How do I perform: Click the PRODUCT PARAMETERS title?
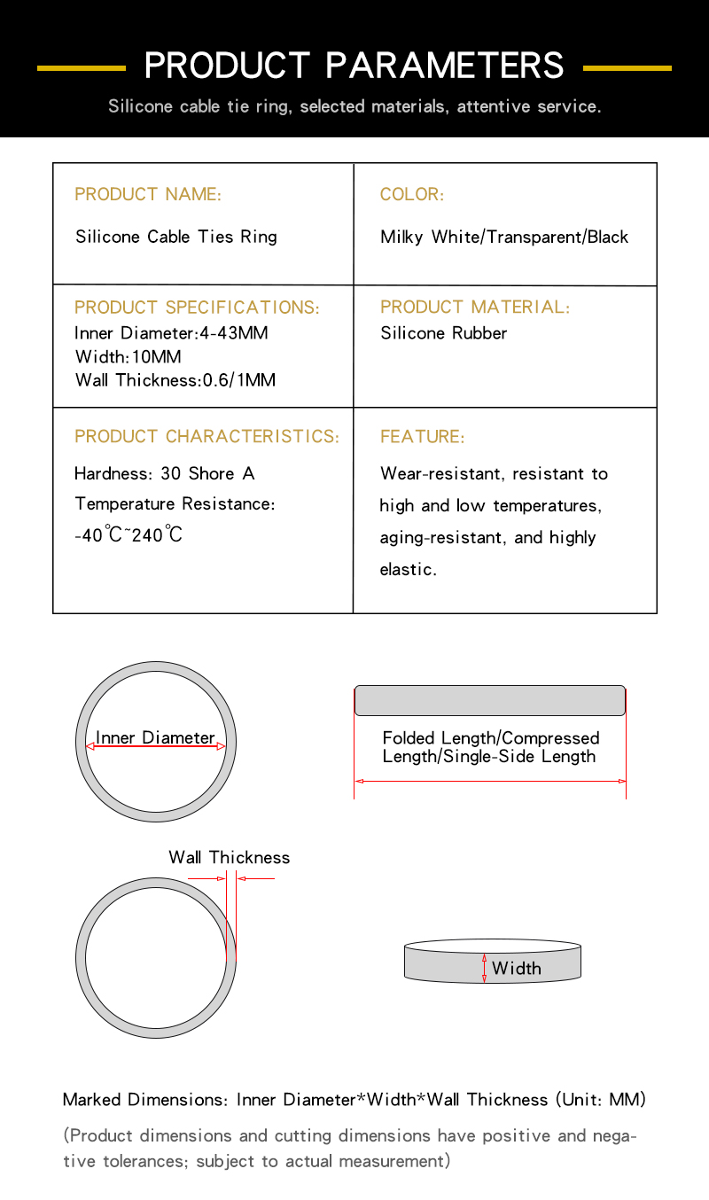point(354,66)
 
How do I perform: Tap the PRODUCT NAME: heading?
point(148,194)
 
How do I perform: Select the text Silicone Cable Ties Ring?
point(176,237)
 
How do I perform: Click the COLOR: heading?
point(412,194)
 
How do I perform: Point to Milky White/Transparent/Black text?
point(504,237)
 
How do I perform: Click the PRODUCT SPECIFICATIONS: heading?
point(197,308)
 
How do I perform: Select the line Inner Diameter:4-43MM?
point(171,333)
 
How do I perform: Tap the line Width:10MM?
point(129,357)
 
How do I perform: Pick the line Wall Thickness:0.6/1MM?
point(175,380)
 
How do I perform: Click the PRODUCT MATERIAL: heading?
point(475,308)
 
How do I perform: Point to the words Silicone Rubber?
point(444,333)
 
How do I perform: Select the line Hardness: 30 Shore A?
point(164,473)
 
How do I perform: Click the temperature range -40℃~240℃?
point(129,534)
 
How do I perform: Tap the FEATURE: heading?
point(422,437)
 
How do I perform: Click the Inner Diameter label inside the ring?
point(155,737)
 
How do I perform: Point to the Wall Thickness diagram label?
point(230,857)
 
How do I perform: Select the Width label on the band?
point(517,968)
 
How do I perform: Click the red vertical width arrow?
point(485,968)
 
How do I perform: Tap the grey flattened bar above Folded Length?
point(490,700)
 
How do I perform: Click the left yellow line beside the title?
point(82,67)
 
